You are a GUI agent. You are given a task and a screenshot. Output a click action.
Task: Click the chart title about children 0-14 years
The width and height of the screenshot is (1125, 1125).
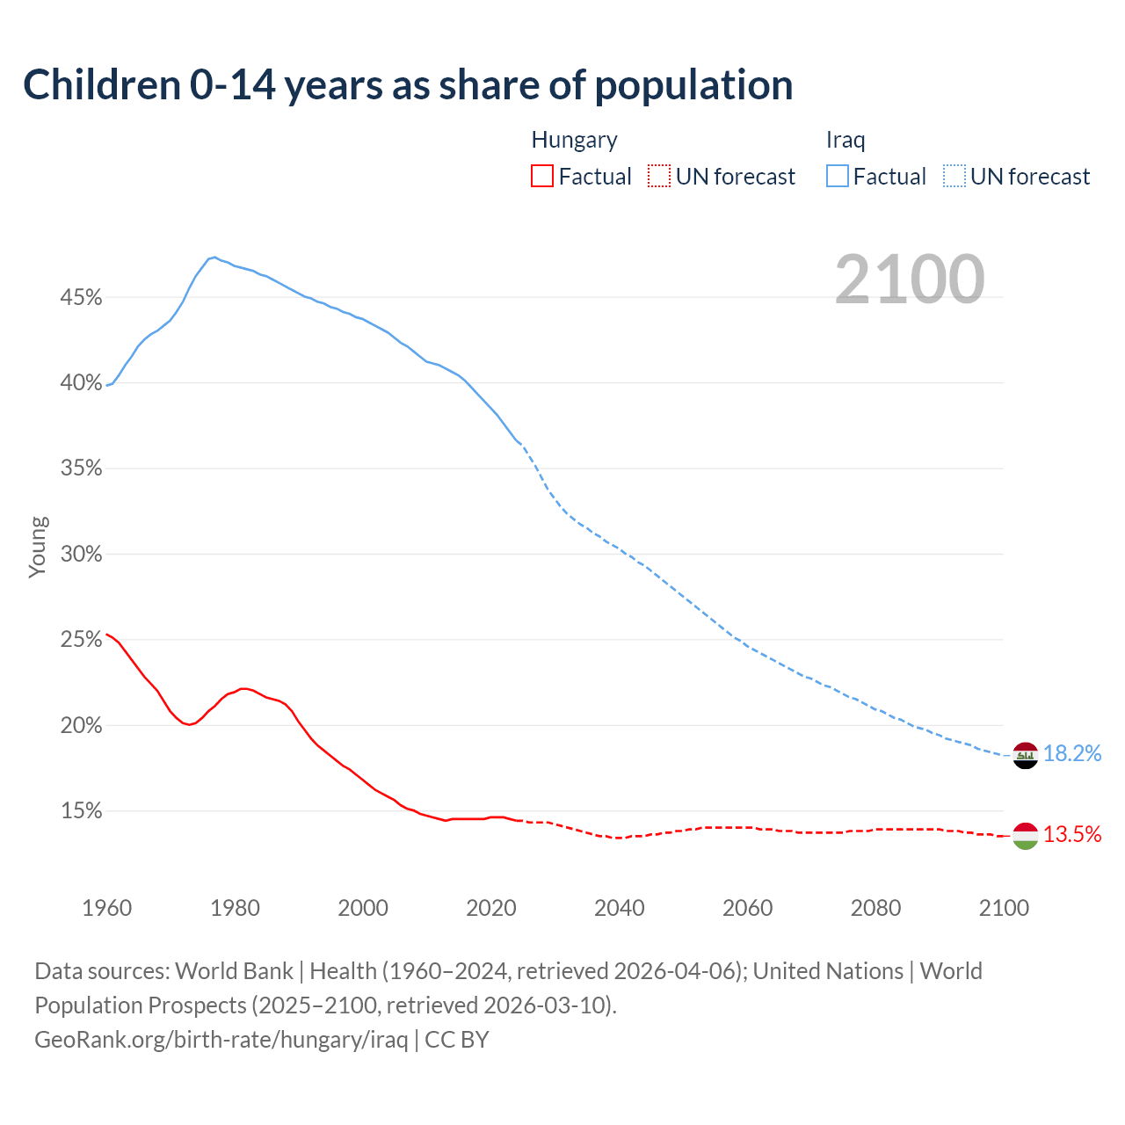pos(408,85)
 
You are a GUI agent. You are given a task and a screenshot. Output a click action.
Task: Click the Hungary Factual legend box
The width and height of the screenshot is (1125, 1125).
pos(542,177)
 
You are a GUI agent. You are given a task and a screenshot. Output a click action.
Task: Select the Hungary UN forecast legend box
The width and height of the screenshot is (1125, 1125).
pos(659,177)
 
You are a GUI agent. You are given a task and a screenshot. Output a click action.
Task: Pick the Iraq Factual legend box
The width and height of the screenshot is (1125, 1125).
pos(838,177)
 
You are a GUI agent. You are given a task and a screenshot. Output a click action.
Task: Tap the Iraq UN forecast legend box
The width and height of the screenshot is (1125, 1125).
pos(954,177)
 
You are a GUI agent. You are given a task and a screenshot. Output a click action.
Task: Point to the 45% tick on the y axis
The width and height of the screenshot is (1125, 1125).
pos(81,298)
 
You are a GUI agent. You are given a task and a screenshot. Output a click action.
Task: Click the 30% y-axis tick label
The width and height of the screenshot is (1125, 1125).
pos(81,555)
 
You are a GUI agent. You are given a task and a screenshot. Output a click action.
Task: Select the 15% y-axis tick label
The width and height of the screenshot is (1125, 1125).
pos(81,811)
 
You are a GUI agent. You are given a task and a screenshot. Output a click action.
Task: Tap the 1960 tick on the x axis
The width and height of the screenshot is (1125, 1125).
pos(106,908)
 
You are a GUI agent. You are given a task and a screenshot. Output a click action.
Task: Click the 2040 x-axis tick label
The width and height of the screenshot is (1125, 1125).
pos(620,908)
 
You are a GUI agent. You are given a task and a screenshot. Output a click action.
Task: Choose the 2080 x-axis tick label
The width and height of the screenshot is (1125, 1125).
pos(875,908)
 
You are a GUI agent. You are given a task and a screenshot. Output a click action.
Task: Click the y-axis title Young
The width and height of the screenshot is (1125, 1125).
pos(38,547)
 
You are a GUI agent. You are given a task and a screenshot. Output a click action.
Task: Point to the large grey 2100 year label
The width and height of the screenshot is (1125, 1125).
pos(909,279)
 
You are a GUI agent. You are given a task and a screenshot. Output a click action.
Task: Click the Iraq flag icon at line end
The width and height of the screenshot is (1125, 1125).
pos(1025,755)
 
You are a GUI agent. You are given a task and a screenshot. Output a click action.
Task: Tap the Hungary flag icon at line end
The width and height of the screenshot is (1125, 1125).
pos(1025,836)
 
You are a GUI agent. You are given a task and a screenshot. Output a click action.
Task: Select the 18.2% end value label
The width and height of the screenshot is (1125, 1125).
pos(1072,754)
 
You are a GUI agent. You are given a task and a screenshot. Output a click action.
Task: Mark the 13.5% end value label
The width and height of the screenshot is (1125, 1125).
pos(1072,835)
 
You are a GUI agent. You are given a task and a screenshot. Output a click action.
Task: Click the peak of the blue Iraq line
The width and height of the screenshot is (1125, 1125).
pos(214,258)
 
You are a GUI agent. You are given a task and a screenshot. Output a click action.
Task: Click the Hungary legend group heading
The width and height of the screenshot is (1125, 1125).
pos(574,141)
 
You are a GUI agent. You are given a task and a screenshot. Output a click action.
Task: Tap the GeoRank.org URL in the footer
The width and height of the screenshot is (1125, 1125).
pos(221,1040)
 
